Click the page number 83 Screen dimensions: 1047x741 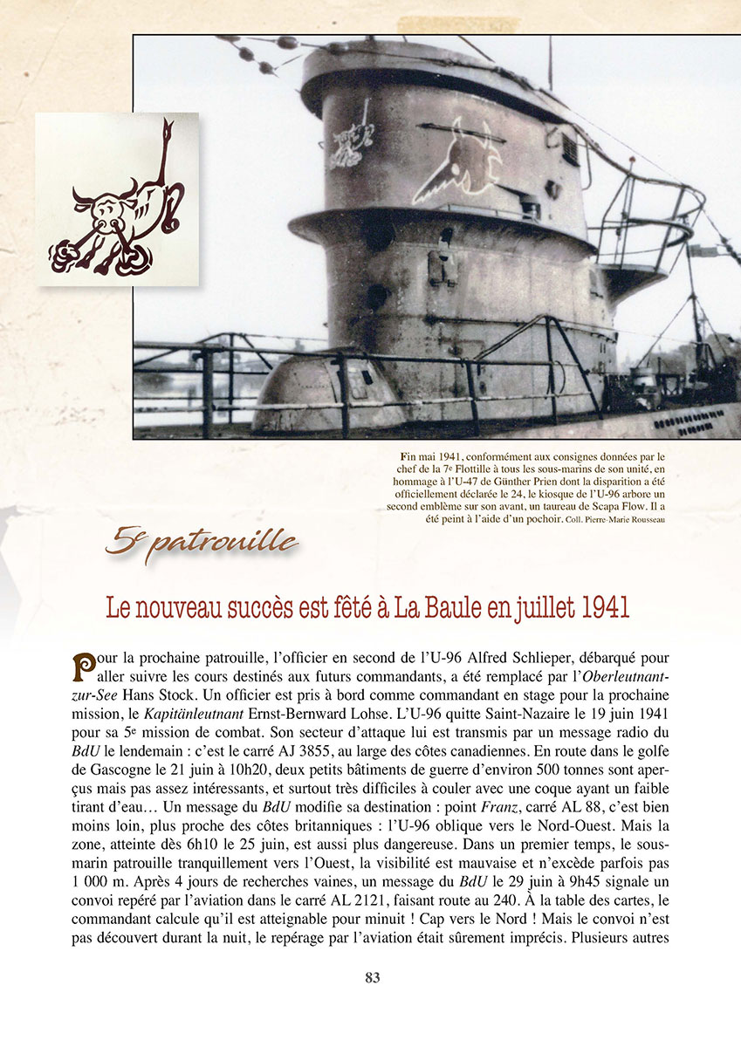coord(372,978)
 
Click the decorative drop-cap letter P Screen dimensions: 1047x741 coord(84,667)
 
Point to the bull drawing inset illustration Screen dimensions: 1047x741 coord(116,198)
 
